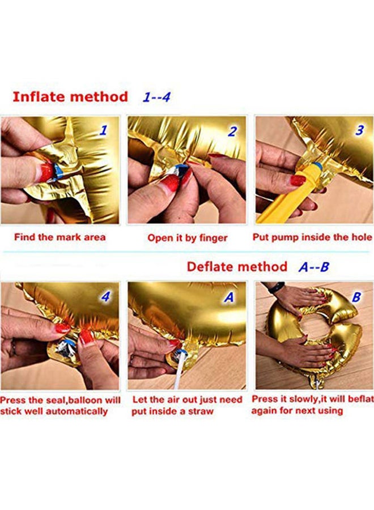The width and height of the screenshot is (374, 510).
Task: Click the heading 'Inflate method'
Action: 70,97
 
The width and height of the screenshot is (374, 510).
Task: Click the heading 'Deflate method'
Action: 237,267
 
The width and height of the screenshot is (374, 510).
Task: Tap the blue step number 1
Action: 103,130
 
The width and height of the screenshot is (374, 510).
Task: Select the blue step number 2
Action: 232,131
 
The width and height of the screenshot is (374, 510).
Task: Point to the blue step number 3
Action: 359,130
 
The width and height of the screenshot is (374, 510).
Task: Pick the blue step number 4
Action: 105,296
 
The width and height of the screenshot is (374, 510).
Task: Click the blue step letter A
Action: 229,297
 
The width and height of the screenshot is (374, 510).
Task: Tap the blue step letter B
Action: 356,296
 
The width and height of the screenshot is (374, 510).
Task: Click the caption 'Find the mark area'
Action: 60,237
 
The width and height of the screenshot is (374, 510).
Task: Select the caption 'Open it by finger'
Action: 188,238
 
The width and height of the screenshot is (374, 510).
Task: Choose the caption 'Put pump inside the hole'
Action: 312,237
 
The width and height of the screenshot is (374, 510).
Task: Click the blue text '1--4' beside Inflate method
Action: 156,97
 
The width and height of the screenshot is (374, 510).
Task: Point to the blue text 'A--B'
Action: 314,267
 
